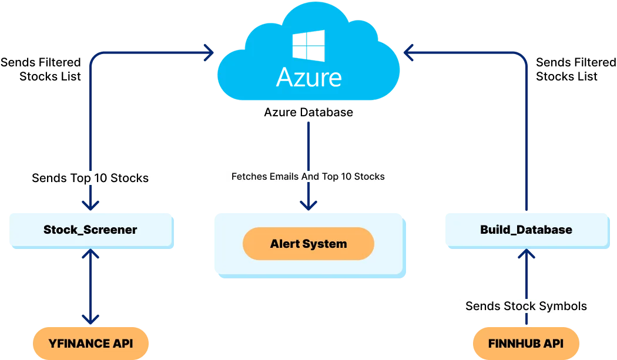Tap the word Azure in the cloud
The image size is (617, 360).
point(308,76)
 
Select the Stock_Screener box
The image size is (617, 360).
point(90,230)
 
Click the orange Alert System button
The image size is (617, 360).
point(308,244)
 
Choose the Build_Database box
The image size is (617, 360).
point(526,230)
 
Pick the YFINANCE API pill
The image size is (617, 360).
point(90,343)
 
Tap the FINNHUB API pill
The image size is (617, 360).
point(526,343)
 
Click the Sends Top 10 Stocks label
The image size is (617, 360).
point(90,178)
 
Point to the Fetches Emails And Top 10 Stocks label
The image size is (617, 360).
point(308,176)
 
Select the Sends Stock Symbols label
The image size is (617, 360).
point(526,306)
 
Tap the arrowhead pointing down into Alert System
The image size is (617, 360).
point(308,204)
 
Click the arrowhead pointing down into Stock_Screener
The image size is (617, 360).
point(90,204)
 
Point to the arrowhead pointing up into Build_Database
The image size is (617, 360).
point(526,254)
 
